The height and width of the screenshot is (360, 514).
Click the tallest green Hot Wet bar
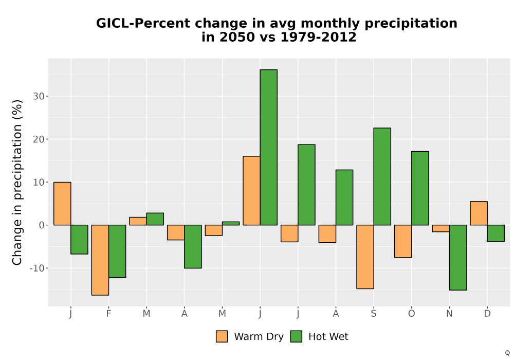268,147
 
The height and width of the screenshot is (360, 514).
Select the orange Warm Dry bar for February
100,260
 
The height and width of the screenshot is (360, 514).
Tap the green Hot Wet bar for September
382,176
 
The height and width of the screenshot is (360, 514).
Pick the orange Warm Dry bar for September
365,257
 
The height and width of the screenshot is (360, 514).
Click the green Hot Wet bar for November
458,257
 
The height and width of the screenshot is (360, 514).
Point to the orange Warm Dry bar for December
479,213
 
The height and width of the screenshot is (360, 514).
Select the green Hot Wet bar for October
420,188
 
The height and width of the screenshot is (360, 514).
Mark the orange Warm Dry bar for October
403,241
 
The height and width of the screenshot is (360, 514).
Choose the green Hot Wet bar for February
117,251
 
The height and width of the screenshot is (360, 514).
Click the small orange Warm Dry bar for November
441,228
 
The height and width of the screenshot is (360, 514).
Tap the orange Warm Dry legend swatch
222,336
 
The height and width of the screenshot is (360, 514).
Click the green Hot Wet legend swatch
296,336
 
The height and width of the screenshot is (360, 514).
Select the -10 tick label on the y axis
37,268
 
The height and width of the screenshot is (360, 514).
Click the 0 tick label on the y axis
42,225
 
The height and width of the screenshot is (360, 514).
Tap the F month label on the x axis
108,314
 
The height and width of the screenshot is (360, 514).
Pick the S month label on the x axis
374,314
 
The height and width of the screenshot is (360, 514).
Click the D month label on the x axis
487,314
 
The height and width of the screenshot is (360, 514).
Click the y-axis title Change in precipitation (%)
17,182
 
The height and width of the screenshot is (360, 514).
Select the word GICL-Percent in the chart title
143,24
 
